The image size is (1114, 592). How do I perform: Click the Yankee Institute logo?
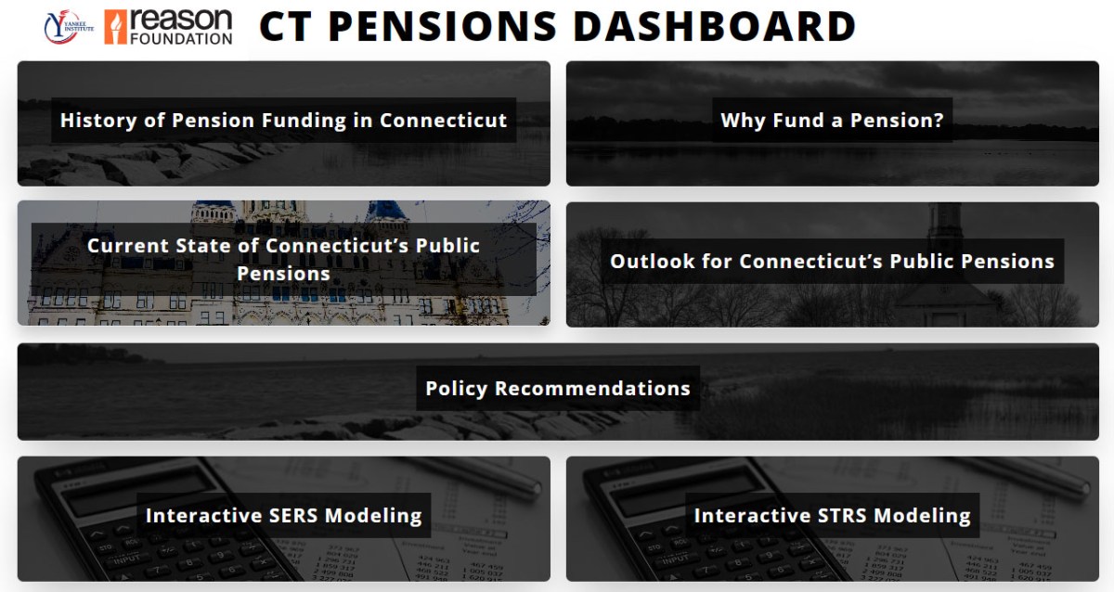(70, 28)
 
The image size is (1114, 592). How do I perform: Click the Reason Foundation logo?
(168, 28)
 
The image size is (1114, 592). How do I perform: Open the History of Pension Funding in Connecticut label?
(283, 121)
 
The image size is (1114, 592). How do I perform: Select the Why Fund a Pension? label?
(832, 121)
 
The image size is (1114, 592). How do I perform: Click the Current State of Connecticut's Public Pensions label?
(283, 259)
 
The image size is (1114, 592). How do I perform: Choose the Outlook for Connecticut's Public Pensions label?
(832, 261)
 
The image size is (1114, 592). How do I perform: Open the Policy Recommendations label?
(557, 388)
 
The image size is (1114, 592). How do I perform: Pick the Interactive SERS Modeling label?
(283, 515)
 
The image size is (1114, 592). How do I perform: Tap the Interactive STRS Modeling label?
(832, 515)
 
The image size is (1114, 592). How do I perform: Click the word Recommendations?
(593, 388)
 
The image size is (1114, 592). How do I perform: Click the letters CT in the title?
(286, 27)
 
